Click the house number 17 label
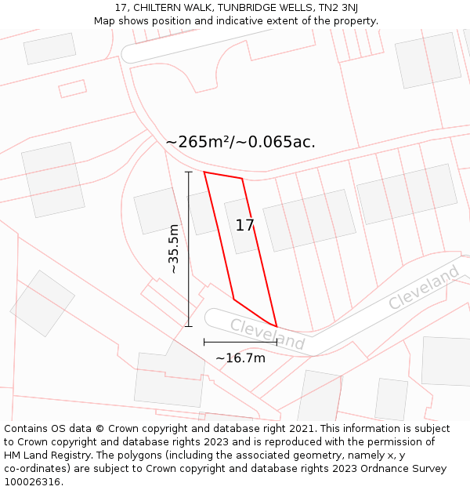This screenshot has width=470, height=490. pyautogui.click(x=244, y=226)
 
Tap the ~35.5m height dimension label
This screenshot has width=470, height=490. pyautogui.click(x=174, y=249)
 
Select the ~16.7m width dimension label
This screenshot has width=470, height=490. pyautogui.click(x=240, y=358)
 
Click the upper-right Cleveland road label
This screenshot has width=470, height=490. pyautogui.click(x=424, y=288)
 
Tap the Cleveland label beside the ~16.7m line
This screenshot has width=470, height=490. pyautogui.click(x=267, y=335)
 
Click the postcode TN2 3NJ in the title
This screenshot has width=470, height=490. pyautogui.click(x=338, y=8)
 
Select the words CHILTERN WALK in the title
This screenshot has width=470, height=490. pyautogui.click(x=169, y=8)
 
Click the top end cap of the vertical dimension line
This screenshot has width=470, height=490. pyautogui.click(x=188, y=172)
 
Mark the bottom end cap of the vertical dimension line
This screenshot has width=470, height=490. pyautogui.click(x=188, y=326)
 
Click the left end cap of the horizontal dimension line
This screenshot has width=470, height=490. pyautogui.click(x=204, y=342)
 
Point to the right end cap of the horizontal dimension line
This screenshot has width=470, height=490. pyautogui.click(x=277, y=342)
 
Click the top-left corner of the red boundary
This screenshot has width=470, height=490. pyautogui.click(x=204, y=172)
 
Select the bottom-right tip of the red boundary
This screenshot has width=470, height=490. pyautogui.click(x=277, y=326)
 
